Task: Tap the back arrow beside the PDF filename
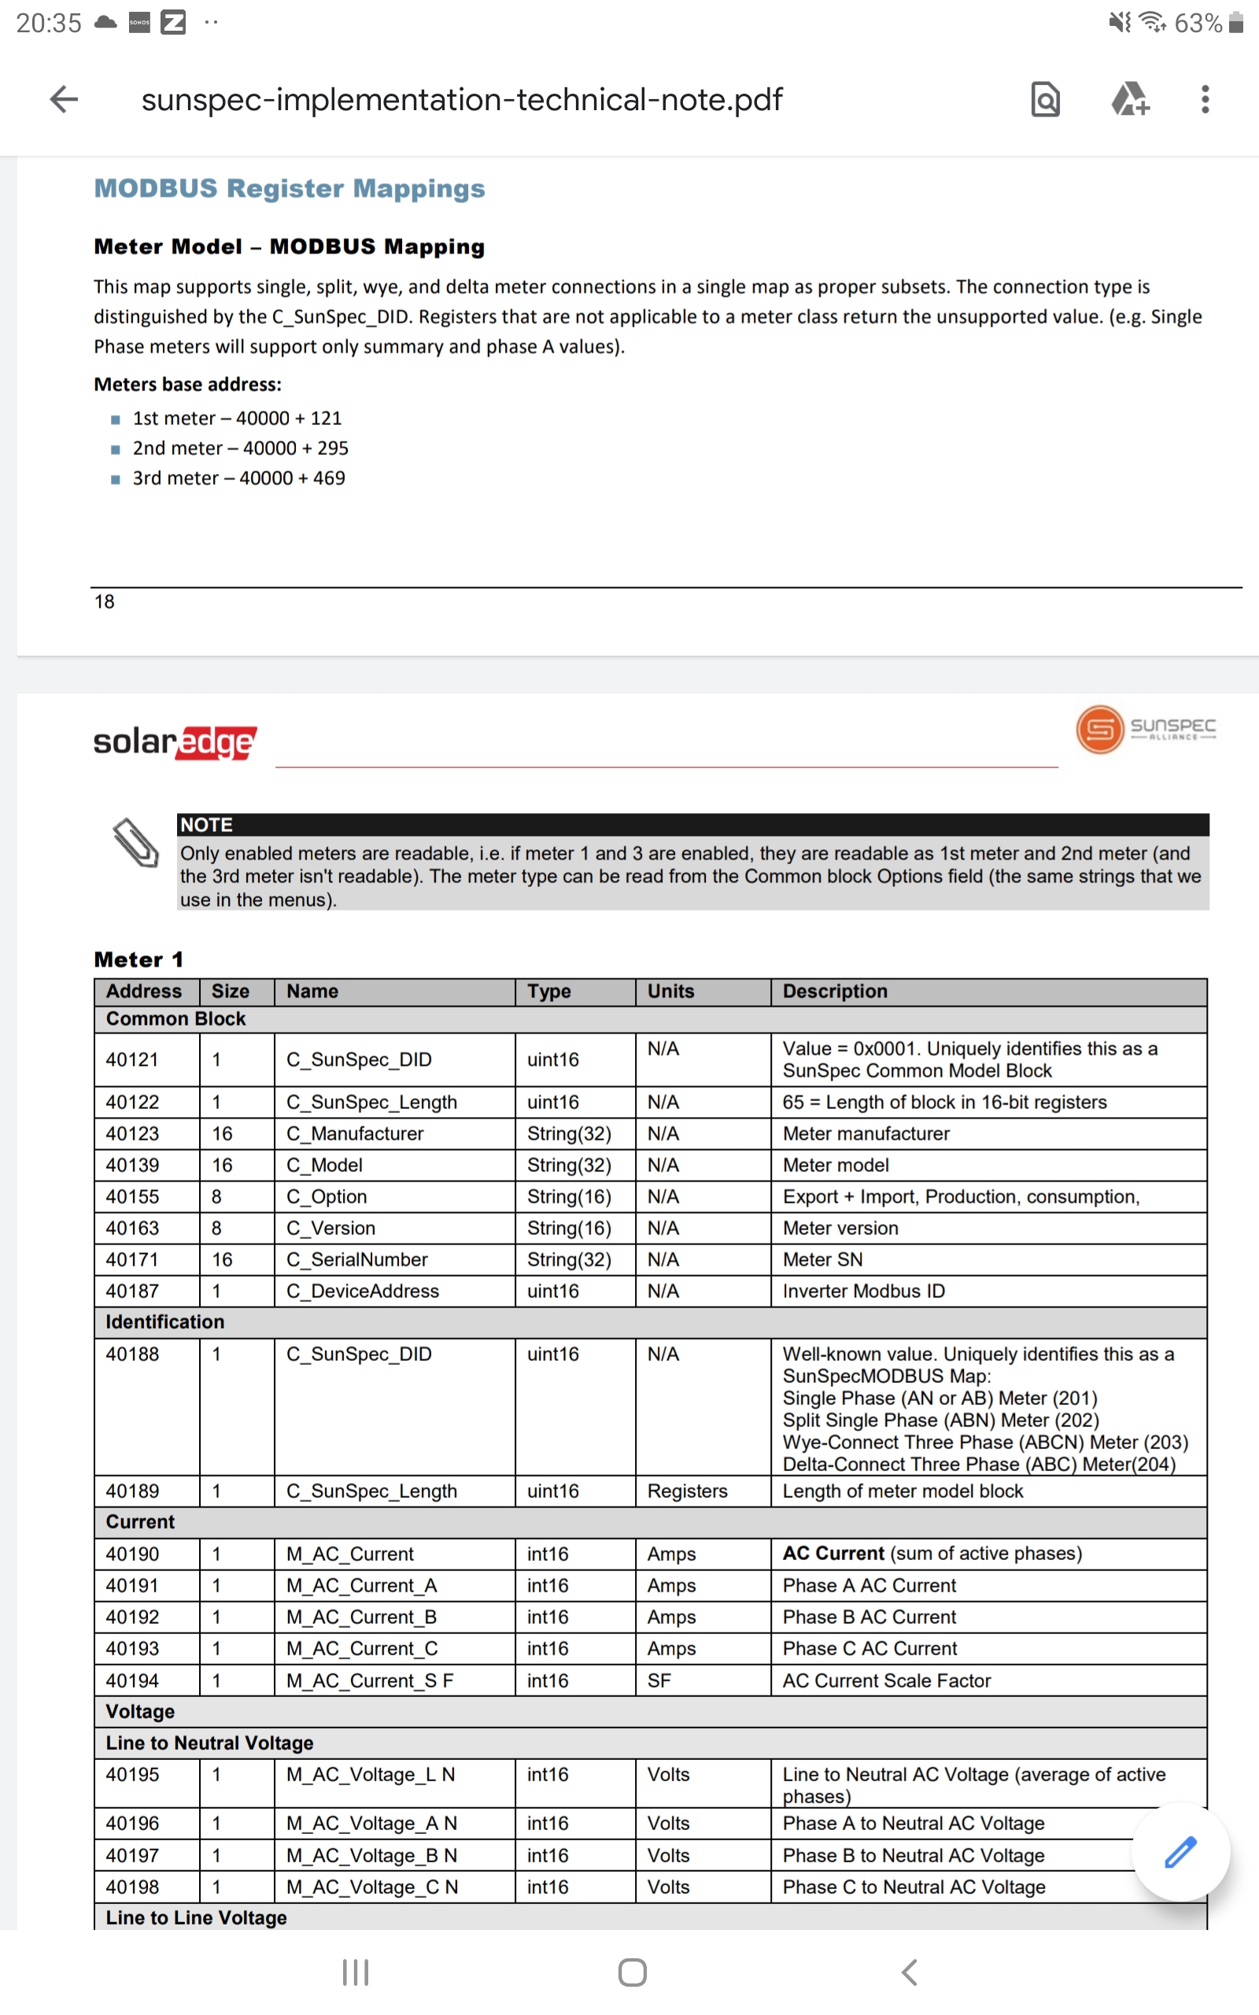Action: click(64, 99)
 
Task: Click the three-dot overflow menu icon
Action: click(1204, 99)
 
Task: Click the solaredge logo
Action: click(175, 741)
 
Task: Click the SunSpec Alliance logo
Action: click(1145, 729)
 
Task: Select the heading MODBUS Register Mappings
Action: click(289, 188)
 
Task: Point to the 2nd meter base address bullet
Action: click(240, 448)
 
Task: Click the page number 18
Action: click(104, 601)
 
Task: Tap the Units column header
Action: click(670, 991)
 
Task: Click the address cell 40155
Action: click(132, 1196)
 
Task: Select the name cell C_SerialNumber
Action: click(356, 1259)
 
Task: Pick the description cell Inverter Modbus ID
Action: click(863, 1291)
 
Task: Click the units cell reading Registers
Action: click(687, 1491)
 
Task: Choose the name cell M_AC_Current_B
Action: click(361, 1616)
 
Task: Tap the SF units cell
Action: click(659, 1680)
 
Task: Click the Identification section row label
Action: click(165, 1322)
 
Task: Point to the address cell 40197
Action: click(132, 1855)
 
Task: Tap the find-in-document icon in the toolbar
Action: click(1045, 99)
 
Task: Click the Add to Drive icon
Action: click(1130, 99)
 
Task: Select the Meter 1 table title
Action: click(138, 959)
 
